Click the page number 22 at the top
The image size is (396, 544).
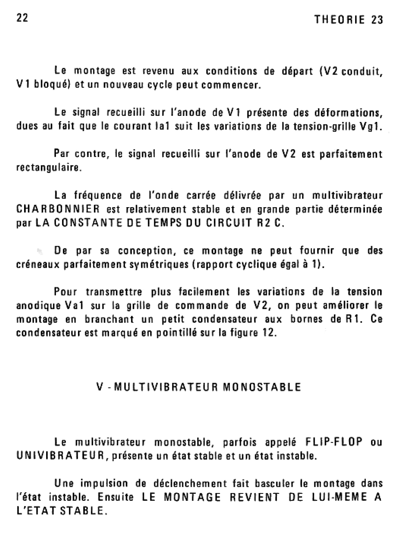[x=22, y=18]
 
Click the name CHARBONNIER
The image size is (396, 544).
[x=58, y=210]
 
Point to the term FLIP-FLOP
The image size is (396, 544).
[x=334, y=442]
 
